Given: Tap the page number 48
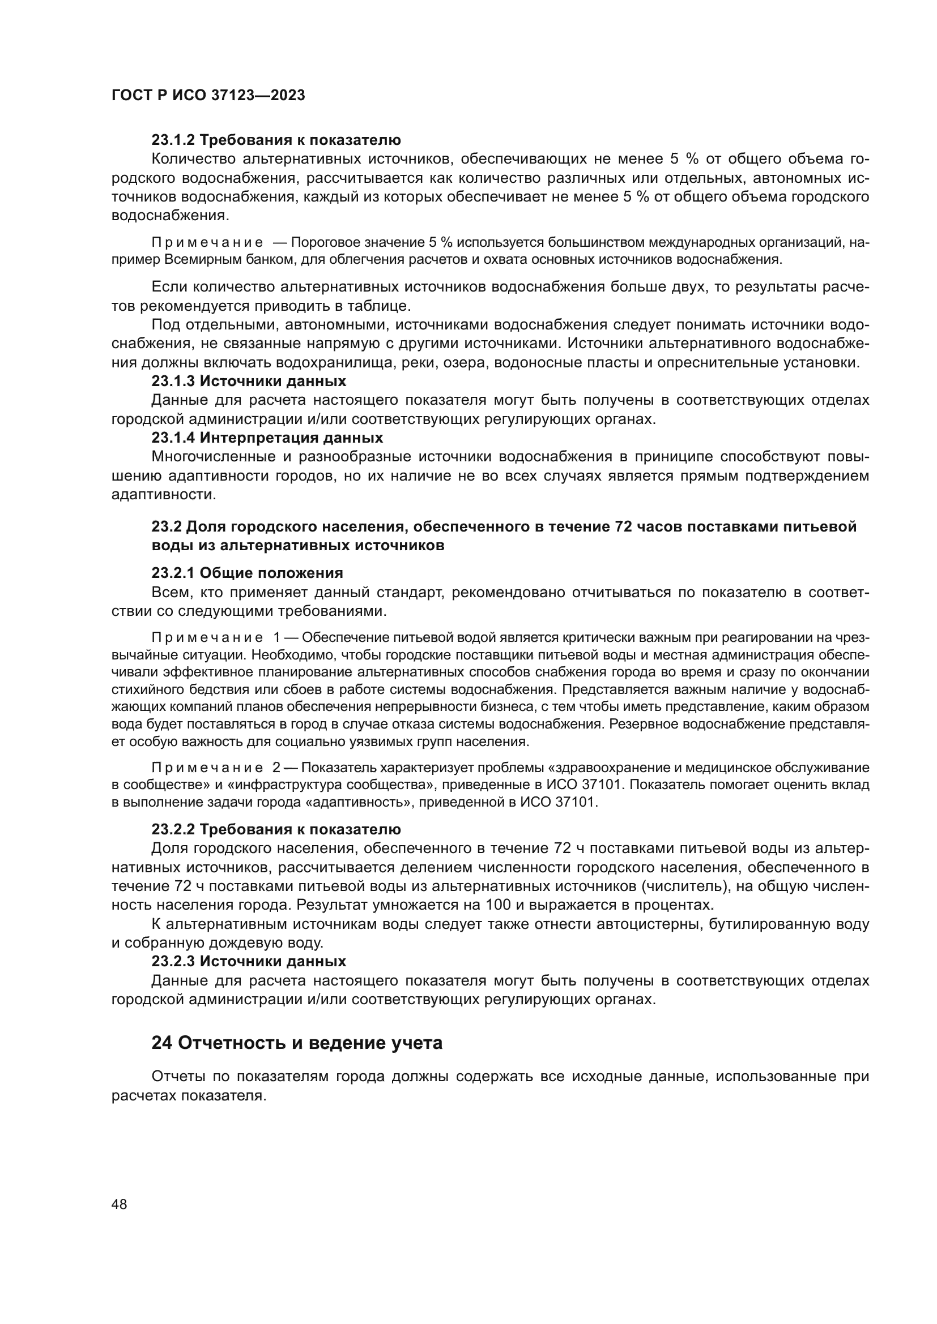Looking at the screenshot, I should (120, 1204).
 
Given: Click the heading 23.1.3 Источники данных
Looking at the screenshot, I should (249, 381).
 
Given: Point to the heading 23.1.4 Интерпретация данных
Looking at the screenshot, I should (267, 438).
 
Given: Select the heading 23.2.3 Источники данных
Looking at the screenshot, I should (249, 961).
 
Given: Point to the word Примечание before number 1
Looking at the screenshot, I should (207, 638).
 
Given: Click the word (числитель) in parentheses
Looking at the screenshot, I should (674, 886).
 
